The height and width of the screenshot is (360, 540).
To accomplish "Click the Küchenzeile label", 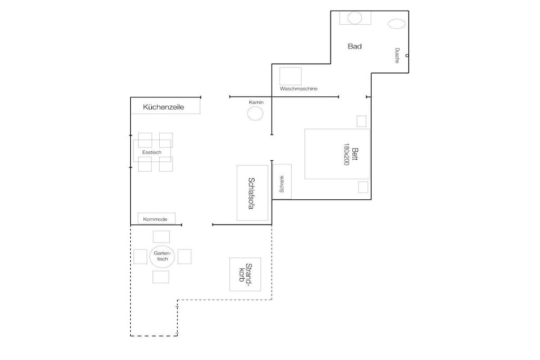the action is click(163, 107).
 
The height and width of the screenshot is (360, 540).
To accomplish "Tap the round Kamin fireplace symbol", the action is click(255, 113).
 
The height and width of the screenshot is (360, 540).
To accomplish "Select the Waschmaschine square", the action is click(291, 76).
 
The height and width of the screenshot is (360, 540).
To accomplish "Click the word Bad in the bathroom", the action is click(355, 46).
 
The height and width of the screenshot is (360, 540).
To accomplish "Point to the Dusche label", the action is click(397, 55).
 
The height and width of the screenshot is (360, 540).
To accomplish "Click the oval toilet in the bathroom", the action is click(397, 24).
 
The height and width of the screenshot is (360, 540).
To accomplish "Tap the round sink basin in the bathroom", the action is click(355, 18).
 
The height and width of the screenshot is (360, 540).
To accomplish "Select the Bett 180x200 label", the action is click(351, 154).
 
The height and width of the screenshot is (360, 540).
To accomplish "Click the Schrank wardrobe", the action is click(282, 181).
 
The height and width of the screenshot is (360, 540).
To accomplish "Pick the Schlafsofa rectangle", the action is click(253, 193).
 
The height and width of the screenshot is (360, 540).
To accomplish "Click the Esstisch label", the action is click(152, 152).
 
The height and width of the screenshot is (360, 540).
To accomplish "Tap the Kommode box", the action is click(157, 219).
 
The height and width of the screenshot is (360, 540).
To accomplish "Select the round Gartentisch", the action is click(162, 256).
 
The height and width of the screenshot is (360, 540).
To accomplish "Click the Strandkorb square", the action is click(245, 274).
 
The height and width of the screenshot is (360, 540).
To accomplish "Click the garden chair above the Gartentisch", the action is click(161, 237).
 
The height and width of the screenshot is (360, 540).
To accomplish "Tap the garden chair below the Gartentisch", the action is click(161, 277).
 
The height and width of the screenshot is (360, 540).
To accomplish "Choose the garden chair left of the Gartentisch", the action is click(140, 256).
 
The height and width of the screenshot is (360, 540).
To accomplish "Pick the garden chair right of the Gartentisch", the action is click(185, 256).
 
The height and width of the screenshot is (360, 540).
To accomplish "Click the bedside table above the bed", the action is click(362, 121).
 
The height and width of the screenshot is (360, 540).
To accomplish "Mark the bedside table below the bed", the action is click(363, 187).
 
